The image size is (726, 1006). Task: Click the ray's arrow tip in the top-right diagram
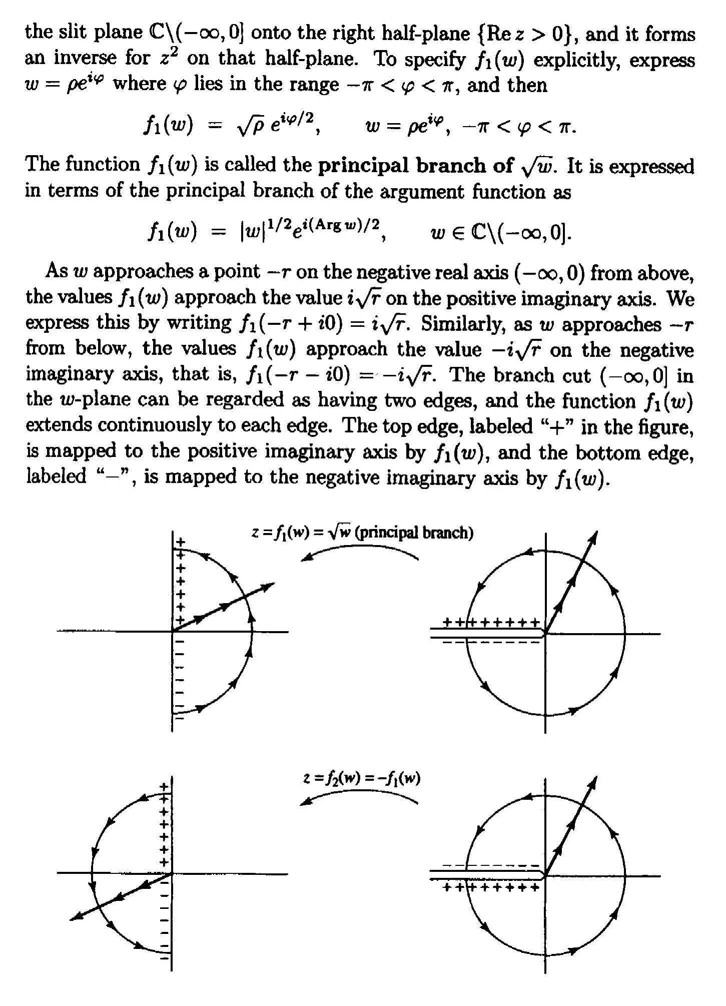[597, 532]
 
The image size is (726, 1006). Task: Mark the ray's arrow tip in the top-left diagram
[275, 583]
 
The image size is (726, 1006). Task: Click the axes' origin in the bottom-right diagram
[545, 876]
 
